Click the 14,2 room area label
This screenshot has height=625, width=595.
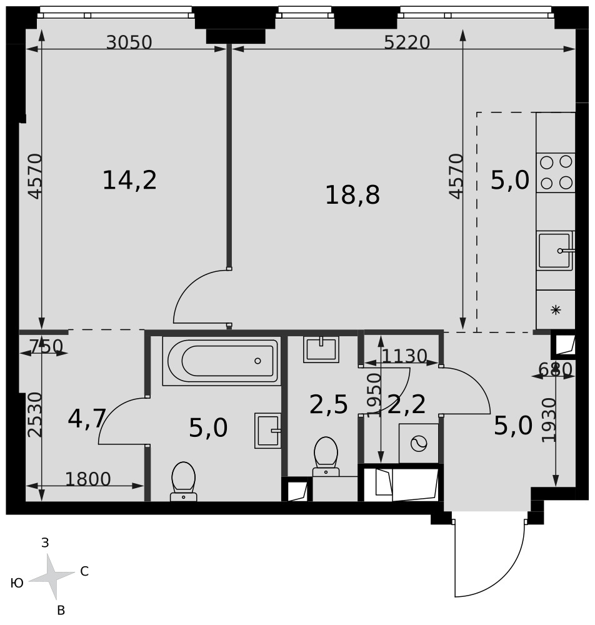point(129,180)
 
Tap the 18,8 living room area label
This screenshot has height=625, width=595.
point(352,195)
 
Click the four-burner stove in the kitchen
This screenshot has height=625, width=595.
point(556,172)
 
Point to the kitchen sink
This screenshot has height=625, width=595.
point(556,251)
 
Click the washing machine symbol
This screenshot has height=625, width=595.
point(419,443)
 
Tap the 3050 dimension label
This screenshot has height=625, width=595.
point(129,42)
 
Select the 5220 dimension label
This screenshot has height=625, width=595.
point(407,42)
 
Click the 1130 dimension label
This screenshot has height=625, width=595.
point(404,356)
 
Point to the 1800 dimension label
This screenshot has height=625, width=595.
point(88,479)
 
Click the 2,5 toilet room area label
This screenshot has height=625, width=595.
point(328,405)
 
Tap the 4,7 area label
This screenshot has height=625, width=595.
point(87,419)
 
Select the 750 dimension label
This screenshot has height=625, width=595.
point(47,346)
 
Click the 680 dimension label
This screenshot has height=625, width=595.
point(555,369)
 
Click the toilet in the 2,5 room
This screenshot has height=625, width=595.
point(326,457)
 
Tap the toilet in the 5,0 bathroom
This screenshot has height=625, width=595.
point(183,481)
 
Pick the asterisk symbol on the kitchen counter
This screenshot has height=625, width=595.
point(556,310)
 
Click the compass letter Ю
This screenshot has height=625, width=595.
point(17,584)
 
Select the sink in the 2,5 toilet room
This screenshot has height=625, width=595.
point(321,349)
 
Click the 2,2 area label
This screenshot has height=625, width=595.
point(406,405)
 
